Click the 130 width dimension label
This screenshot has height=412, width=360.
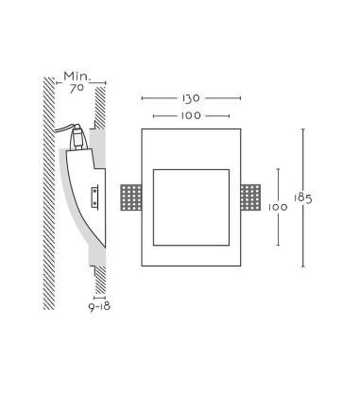point(191,98)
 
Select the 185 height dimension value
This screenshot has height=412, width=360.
point(302,198)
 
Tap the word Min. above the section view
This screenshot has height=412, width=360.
point(77,77)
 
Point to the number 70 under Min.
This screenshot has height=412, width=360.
point(77,88)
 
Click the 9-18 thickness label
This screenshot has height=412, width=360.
point(99,306)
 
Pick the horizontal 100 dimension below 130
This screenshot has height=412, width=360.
point(191,116)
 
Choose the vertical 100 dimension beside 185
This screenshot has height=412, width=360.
point(278,207)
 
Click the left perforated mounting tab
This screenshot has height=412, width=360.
point(131,197)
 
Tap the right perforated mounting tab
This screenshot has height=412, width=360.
point(250,197)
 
